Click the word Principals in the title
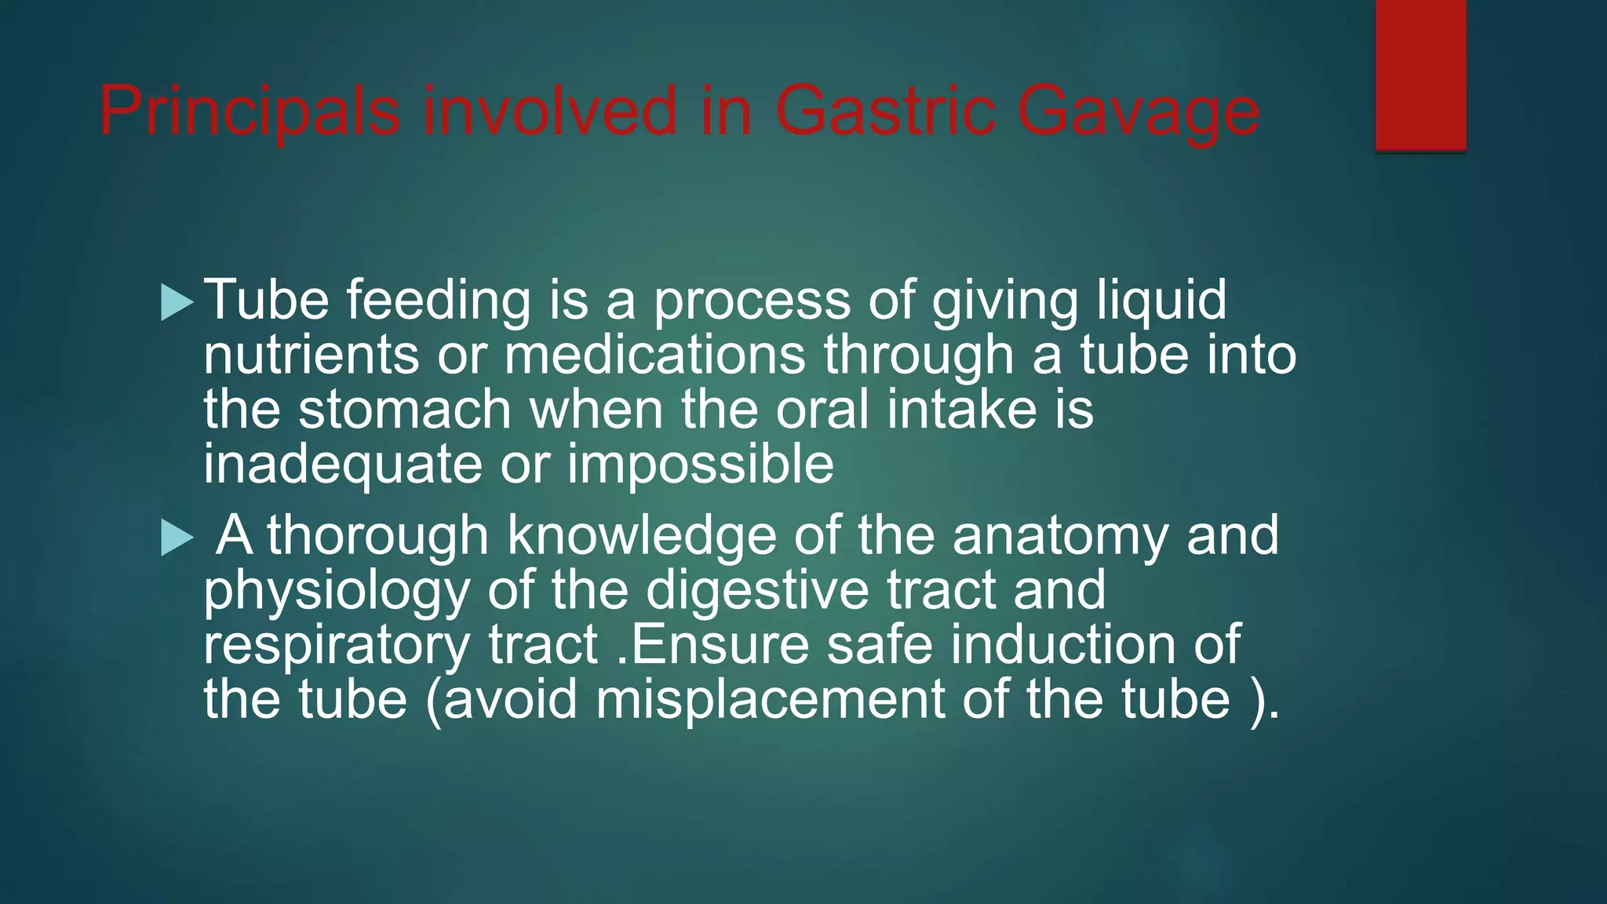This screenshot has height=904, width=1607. tap(250, 111)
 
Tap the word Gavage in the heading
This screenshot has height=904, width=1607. tap(1139, 111)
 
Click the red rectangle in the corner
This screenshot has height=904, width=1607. tap(1420, 75)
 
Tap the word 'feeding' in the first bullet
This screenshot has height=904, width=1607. tap(439, 301)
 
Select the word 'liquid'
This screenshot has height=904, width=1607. tap(1161, 301)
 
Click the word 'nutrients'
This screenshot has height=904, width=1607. tap(311, 355)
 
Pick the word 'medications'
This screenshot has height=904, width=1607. tap(654, 355)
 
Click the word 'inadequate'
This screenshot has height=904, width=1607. tap(342, 465)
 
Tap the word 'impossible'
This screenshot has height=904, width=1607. tap(700, 465)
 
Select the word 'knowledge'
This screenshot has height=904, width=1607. tap(641, 536)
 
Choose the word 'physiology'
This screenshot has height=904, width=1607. tap(336, 591)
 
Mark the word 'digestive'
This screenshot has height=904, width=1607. tap(757, 591)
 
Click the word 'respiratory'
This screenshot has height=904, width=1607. tap(337, 645)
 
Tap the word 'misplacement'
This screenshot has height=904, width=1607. tap(770, 699)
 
